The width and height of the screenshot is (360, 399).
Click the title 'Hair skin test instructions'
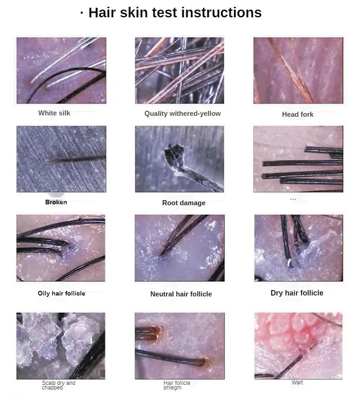pyautogui.click(x=175, y=12)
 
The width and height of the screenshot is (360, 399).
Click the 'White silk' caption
pyautogui.click(x=54, y=113)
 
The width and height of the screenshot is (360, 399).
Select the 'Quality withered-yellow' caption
pyautogui.click(x=183, y=114)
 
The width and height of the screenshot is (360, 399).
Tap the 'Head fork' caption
pyautogui.click(x=298, y=114)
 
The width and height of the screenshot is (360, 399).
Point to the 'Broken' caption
pyautogui.click(x=56, y=202)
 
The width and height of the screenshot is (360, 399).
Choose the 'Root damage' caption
pyautogui.click(x=184, y=203)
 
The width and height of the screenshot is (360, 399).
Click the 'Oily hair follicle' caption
pyautogui.click(x=62, y=293)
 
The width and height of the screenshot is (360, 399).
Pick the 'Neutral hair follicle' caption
pyautogui.click(x=181, y=294)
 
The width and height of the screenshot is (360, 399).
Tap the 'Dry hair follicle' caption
pyautogui.click(x=297, y=293)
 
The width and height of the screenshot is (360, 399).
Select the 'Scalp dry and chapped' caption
pyautogui.click(x=58, y=385)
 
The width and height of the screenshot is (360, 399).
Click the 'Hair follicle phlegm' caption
pyautogui.click(x=177, y=385)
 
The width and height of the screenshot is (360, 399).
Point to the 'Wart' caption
pyautogui.click(x=297, y=382)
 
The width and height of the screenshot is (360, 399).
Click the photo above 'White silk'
pyautogui.click(x=61, y=71)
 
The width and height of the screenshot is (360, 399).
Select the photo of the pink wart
pyautogui.click(x=298, y=346)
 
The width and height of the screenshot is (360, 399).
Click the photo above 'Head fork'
pyautogui.click(x=298, y=71)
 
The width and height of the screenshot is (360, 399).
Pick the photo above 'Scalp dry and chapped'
pyautogui.click(x=61, y=346)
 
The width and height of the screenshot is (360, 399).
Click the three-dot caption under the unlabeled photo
pyautogui.click(x=293, y=199)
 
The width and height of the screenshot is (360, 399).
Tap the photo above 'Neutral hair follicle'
pyautogui.click(x=180, y=248)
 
